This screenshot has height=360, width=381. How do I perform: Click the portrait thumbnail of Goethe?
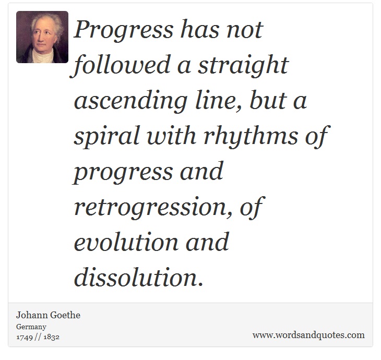click(x=42, y=37)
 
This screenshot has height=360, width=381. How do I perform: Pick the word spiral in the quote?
click(x=106, y=136)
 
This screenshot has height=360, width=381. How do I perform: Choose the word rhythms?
click(x=251, y=136)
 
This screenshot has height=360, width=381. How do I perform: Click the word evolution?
click(x=126, y=242)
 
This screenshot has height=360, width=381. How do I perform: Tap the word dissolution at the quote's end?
click(x=138, y=278)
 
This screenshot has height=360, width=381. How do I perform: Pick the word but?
click(x=268, y=100)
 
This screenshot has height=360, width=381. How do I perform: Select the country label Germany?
click(x=31, y=327)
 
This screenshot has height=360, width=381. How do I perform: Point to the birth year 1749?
click(x=25, y=337)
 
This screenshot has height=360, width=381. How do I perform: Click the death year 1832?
click(x=51, y=337)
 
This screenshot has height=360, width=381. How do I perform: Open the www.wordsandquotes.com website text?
click(x=308, y=335)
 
